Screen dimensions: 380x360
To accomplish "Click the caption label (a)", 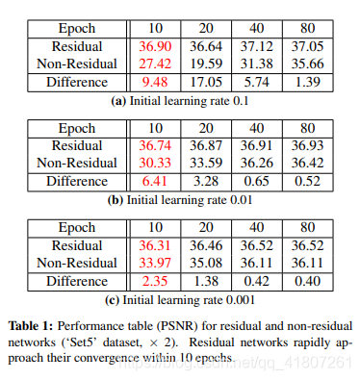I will click(122, 100).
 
